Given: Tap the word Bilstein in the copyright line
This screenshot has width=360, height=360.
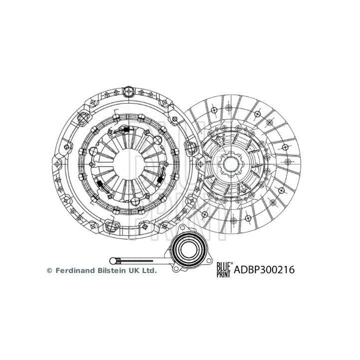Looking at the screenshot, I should (x=112, y=270).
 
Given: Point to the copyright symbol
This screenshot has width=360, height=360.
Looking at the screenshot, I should (x=49, y=270).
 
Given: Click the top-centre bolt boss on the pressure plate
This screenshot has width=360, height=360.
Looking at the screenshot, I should (x=127, y=91).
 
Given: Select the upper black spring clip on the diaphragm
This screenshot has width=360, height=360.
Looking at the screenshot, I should (x=123, y=130).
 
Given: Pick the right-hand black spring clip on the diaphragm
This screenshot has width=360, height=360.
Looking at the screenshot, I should (x=160, y=177).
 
